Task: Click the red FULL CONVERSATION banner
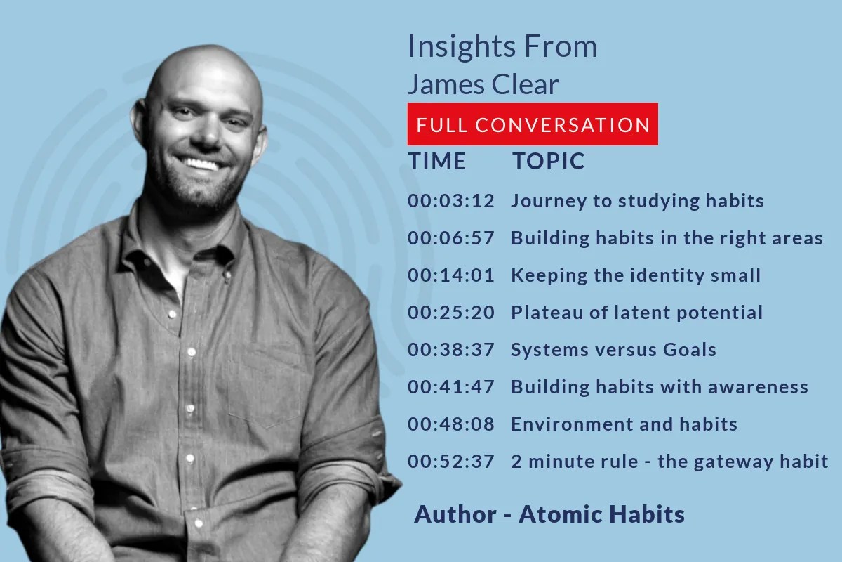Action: (533, 124)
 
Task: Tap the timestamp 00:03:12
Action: (451, 201)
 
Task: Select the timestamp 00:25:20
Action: (451, 313)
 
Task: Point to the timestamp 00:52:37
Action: (451, 462)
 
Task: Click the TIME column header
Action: (437, 161)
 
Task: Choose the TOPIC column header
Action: (548, 161)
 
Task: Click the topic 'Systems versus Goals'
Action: (613, 350)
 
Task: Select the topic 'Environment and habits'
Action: (624, 424)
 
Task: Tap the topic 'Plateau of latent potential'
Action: (636, 313)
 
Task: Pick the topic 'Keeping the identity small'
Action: (636, 275)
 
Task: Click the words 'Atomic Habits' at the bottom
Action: (601, 514)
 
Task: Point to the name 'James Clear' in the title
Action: (483, 84)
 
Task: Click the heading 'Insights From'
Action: (502, 47)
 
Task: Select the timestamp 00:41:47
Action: (451, 387)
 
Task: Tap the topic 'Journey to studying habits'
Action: (637, 201)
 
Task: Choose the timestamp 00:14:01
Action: (451, 275)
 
